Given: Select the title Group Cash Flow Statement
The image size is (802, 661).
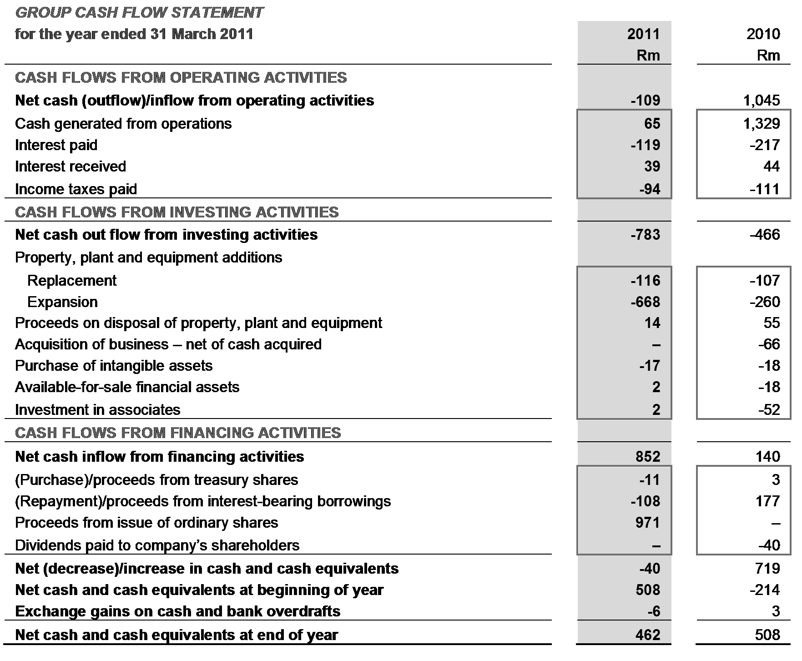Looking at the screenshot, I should click(x=139, y=12).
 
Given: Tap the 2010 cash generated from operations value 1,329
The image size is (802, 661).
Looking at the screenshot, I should click(x=762, y=124).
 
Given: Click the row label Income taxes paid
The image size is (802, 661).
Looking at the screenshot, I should click(x=76, y=189).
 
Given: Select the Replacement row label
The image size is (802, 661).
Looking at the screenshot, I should click(x=72, y=281).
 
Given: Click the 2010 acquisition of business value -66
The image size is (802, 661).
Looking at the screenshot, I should click(x=769, y=344).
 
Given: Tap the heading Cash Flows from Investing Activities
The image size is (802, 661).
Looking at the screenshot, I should click(x=177, y=212).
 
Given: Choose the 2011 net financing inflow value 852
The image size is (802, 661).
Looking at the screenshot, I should click(x=648, y=456).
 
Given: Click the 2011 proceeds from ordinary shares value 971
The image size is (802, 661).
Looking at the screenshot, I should click(x=648, y=523).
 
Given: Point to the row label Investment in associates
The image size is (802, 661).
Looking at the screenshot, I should click(x=98, y=410).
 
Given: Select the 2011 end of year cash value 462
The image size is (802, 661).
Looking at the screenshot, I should click(x=648, y=635).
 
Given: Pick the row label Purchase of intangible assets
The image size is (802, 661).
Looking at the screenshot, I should click(x=114, y=366).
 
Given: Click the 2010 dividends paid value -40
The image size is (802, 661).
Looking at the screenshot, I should click(x=769, y=545).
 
